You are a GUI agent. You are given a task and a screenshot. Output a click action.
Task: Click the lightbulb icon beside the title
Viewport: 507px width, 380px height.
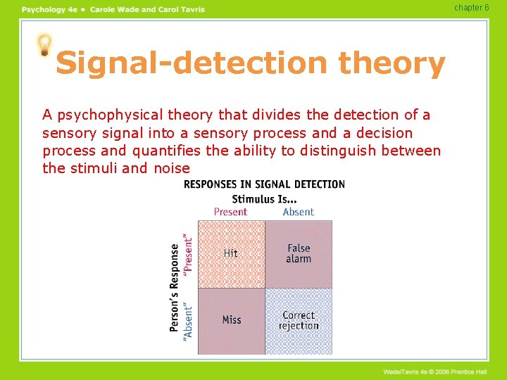pyautogui.click(x=44, y=45)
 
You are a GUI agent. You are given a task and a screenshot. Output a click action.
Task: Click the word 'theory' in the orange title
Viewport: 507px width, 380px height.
pyautogui.click(x=392, y=64)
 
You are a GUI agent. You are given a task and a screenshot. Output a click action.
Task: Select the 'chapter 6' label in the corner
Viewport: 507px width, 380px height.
pyautogui.click(x=472, y=8)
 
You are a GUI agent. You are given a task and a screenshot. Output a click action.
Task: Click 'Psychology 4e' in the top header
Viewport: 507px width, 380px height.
pyautogui.click(x=49, y=9)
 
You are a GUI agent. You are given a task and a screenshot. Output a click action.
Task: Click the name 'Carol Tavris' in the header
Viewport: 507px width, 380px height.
pyautogui.click(x=180, y=9)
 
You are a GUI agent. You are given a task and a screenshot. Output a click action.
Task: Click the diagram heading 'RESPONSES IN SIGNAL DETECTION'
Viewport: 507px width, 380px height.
pyautogui.click(x=264, y=184)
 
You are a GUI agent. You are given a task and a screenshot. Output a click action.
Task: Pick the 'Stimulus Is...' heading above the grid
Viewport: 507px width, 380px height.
pyautogui.click(x=264, y=198)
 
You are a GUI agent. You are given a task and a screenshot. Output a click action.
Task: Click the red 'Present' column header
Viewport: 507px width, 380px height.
pyautogui.click(x=230, y=212)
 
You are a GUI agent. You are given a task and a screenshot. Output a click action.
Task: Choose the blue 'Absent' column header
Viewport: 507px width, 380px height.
pyautogui.click(x=298, y=212)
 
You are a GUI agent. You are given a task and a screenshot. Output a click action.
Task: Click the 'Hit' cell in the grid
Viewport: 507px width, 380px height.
pyautogui.click(x=231, y=253)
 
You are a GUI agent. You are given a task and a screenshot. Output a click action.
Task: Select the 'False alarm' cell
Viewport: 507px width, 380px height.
pyautogui.click(x=299, y=253)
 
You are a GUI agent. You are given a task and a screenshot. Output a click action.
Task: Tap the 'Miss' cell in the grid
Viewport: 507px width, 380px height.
pyautogui.click(x=232, y=320)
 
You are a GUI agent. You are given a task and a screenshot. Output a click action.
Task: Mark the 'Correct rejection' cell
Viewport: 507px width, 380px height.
pyautogui.click(x=299, y=321)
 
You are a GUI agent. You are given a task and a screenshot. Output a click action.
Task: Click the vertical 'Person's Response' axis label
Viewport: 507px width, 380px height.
pyautogui.click(x=175, y=287)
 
